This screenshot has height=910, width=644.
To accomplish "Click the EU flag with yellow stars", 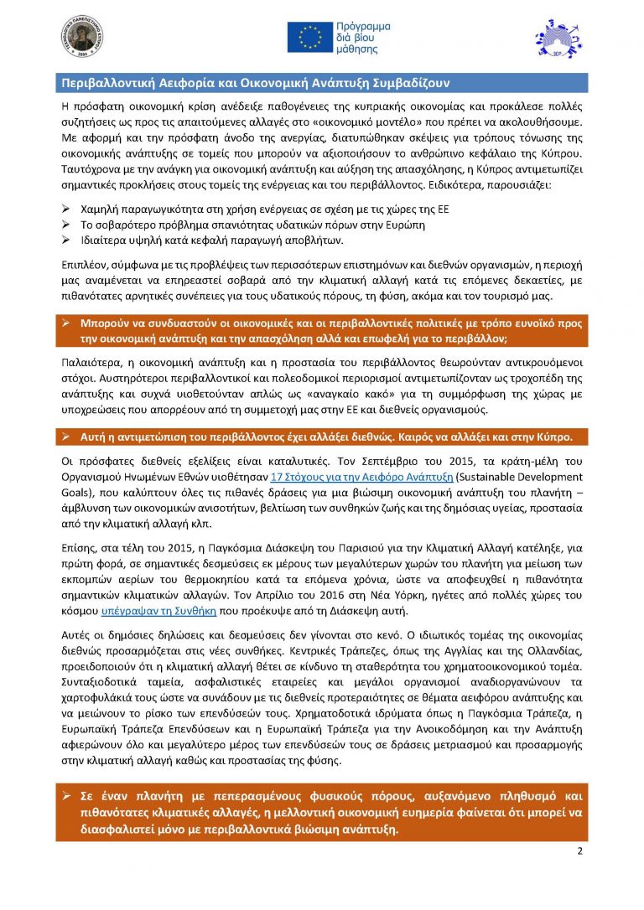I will click(x=310, y=36).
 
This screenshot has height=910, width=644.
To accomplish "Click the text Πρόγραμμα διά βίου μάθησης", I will click(x=366, y=37).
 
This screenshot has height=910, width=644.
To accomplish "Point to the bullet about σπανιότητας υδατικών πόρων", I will click(x=252, y=225).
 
